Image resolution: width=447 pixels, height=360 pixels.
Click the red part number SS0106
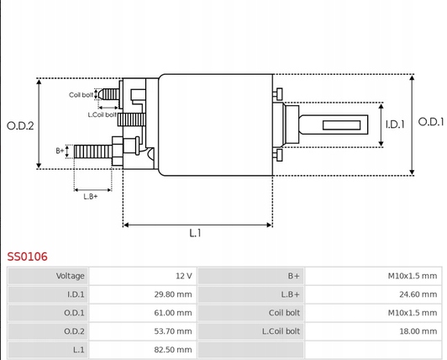(x=27, y=255)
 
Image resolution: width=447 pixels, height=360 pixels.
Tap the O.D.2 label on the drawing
(x=19, y=126)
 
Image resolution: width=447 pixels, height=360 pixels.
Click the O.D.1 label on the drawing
(x=430, y=122)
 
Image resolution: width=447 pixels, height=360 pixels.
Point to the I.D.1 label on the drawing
(x=395, y=124)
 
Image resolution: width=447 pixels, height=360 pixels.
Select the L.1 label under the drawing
(x=195, y=233)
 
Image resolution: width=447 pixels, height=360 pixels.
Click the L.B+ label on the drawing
(x=91, y=195)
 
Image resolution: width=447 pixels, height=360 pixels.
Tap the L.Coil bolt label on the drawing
(x=102, y=114)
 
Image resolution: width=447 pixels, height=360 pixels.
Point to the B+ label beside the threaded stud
(x=60, y=151)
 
